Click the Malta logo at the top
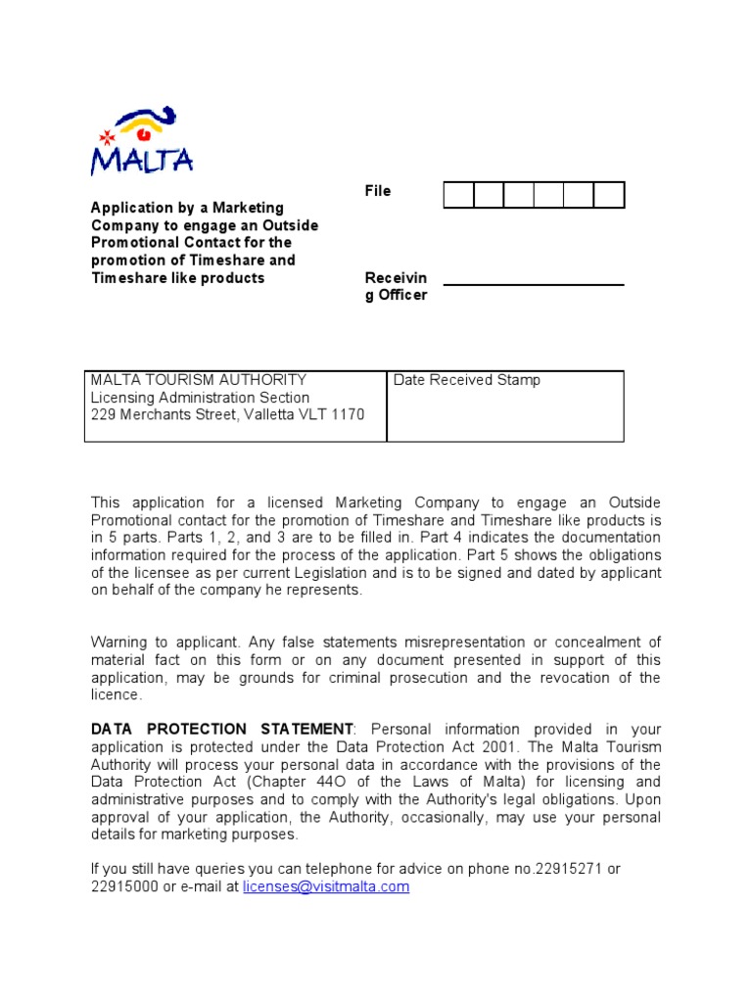[141, 142]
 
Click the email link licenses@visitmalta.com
[326, 886]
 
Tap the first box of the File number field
[458, 195]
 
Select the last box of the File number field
[609, 195]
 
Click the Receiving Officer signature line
[533, 283]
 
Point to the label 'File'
[378, 191]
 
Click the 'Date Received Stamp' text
[466, 380]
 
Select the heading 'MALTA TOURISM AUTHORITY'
[199, 380]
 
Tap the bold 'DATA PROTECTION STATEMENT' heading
[221, 730]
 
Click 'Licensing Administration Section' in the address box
[200, 398]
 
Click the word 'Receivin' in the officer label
[396, 278]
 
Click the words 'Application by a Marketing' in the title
[187, 208]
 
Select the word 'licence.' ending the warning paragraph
[117, 695]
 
